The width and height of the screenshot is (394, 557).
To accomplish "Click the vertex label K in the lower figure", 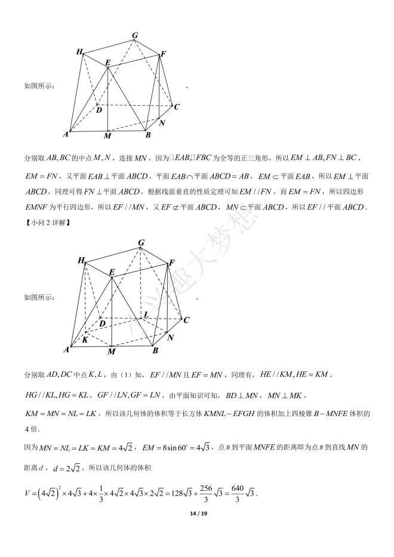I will [86, 339].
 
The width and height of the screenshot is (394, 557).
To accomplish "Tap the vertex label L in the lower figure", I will [146, 315].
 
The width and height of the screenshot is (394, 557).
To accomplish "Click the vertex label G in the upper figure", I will [136, 36].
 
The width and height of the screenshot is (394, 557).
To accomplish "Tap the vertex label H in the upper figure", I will [79, 52].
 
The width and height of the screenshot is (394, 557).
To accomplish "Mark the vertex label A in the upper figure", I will [66, 134].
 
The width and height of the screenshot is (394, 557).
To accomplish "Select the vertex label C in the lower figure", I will [186, 320].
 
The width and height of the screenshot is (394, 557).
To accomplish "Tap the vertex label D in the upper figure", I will [98, 110].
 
